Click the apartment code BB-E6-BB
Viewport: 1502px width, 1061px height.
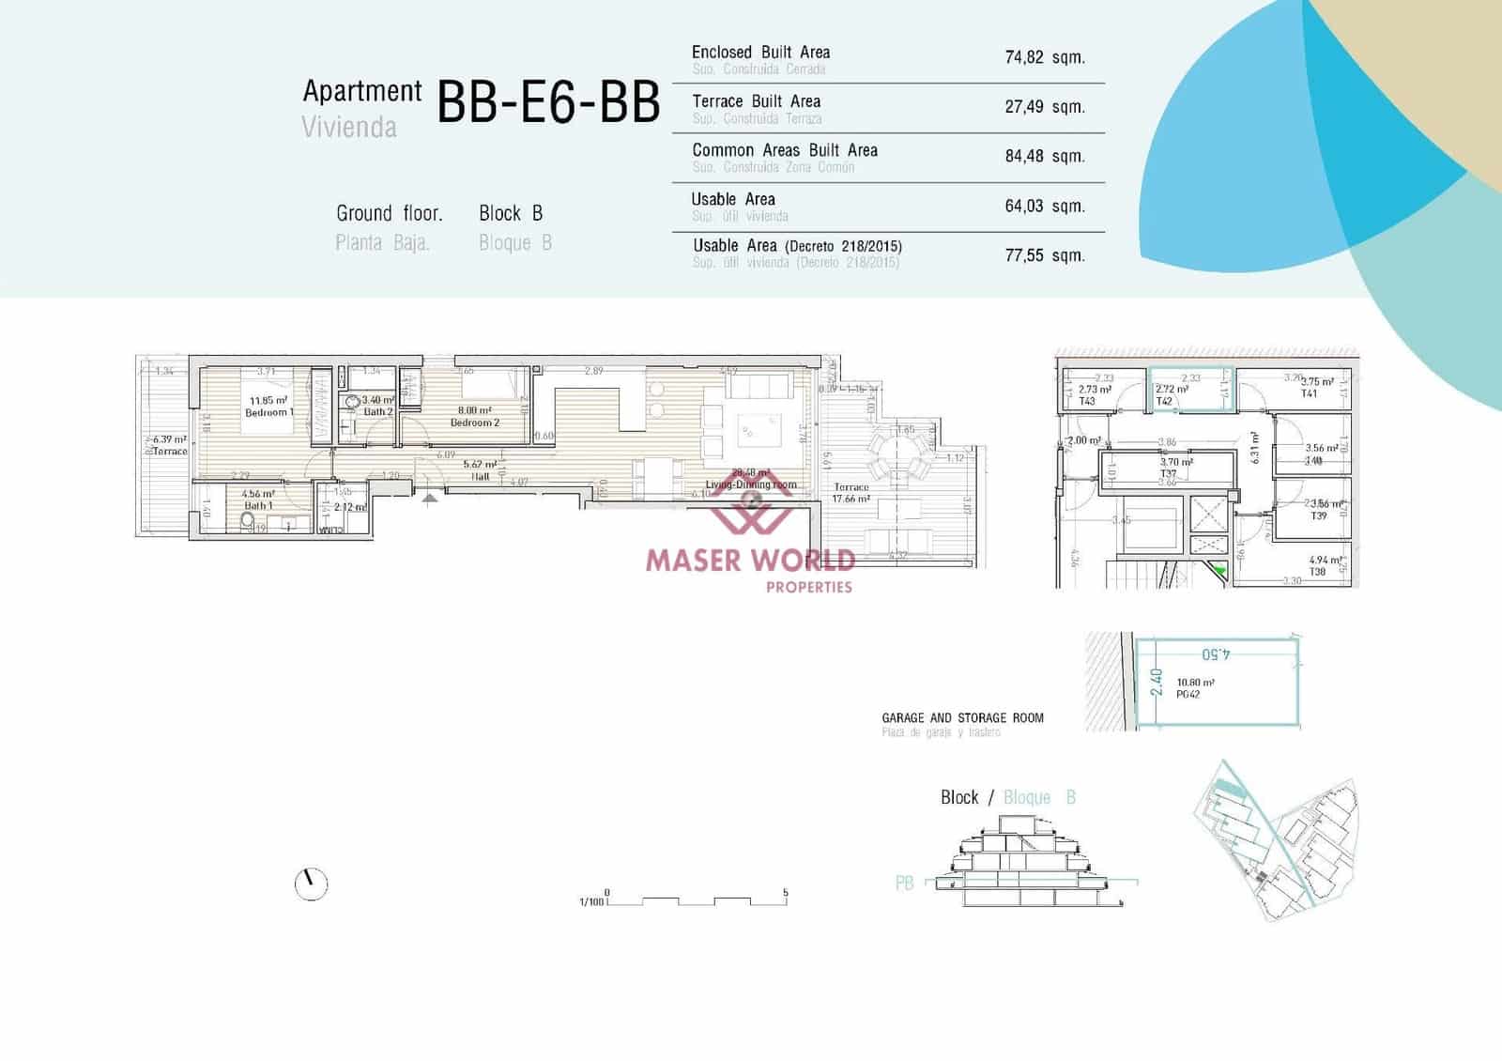click(x=548, y=102)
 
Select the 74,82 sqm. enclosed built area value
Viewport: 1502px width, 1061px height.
click(x=1044, y=57)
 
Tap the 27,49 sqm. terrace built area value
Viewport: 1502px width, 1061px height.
click(x=1044, y=107)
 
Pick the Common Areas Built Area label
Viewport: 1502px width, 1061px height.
click(x=784, y=150)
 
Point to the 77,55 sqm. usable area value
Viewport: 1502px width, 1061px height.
click(x=1044, y=255)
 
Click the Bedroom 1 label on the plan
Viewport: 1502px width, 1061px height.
click(x=268, y=412)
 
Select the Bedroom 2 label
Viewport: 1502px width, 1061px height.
click(x=475, y=423)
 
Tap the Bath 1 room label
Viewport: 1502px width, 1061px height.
click(x=258, y=505)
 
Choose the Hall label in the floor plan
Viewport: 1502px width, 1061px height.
click(x=481, y=476)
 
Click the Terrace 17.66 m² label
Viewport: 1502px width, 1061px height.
click(x=851, y=493)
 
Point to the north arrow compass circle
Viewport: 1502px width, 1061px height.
click(x=311, y=884)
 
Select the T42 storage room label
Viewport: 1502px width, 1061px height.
click(x=1164, y=401)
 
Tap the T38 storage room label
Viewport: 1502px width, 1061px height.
click(x=1317, y=572)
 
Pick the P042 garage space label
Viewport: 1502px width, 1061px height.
click(x=1188, y=695)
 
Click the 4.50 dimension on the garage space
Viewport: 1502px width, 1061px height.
click(x=1216, y=654)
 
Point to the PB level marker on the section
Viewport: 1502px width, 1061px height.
click(x=904, y=883)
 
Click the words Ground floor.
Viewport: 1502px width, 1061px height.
click(x=389, y=213)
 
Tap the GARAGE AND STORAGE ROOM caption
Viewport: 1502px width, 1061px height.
click(x=962, y=717)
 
